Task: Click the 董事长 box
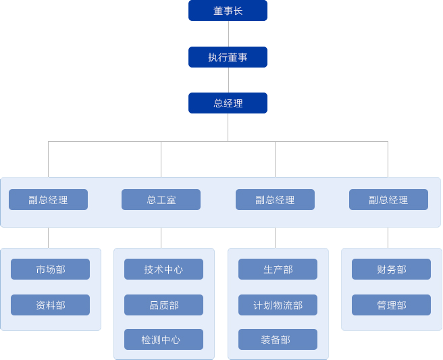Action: [x=228, y=11]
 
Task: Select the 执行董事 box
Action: [x=228, y=57]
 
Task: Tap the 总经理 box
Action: [x=228, y=103]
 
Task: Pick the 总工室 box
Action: [x=161, y=200]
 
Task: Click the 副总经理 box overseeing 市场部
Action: [x=48, y=200]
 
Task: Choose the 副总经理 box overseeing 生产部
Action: [x=275, y=200]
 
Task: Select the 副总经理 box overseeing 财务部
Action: [x=388, y=200]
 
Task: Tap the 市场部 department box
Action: [x=51, y=269]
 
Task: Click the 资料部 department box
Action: [x=51, y=305]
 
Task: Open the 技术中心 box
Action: [x=163, y=269]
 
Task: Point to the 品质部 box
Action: [x=163, y=305]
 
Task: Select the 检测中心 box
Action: [x=163, y=340]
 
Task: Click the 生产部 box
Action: [x=278, y=269]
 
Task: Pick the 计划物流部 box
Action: [x=278, y=305]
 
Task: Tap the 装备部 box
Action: [x=278, y=340]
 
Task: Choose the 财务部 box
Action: [x=391, y=269]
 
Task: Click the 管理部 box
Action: [x=391, y=305]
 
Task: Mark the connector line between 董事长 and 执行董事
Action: [x=228, y=34]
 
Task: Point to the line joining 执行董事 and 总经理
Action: [x=228, y=80]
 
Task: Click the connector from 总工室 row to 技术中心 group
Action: [x=161, y=238]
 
